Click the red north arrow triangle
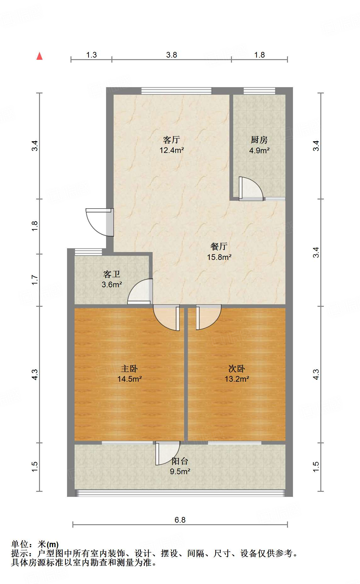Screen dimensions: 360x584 click(x=39, y=56)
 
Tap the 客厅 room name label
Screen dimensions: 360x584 click(x=172, y=139)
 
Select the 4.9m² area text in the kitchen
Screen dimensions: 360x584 click(x=259, y=150)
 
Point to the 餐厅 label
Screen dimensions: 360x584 click(x=219, y=246)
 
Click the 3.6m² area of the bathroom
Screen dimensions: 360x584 click(x=112, y=285)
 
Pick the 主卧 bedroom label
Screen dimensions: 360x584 click(x=129, y=368)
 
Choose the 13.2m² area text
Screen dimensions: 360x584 click(x=237, y=379)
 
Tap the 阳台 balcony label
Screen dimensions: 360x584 click(x=180, y=461)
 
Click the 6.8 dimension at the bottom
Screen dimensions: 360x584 click(x=180, y=520)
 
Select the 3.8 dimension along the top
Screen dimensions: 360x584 click(x=172, y=55)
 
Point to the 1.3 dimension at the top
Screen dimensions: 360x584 click(x=91, y=55)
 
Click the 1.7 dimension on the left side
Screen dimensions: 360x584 click(x=35, y=280)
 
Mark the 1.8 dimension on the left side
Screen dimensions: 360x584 click(x=35, y=226)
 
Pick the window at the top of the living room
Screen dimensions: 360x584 click(x=177, y=91)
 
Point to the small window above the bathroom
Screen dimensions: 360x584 click(x=88, y=252)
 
